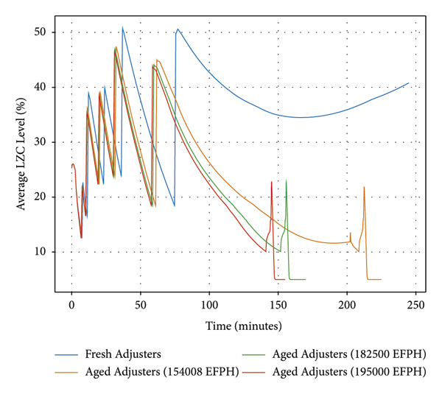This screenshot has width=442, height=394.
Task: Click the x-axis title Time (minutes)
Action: [x=243, y=325]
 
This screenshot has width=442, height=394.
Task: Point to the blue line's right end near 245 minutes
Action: [x=409, y=82]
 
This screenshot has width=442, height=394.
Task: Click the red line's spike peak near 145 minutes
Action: [x=271, y=181]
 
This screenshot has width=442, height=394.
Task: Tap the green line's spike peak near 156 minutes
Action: [x=287, y=180]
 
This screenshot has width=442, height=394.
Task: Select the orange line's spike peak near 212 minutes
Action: [x=364, y=187]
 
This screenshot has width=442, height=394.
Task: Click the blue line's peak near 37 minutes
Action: [x=122, y=28]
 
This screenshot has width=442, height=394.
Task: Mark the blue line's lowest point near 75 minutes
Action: [x=175, y=205]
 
